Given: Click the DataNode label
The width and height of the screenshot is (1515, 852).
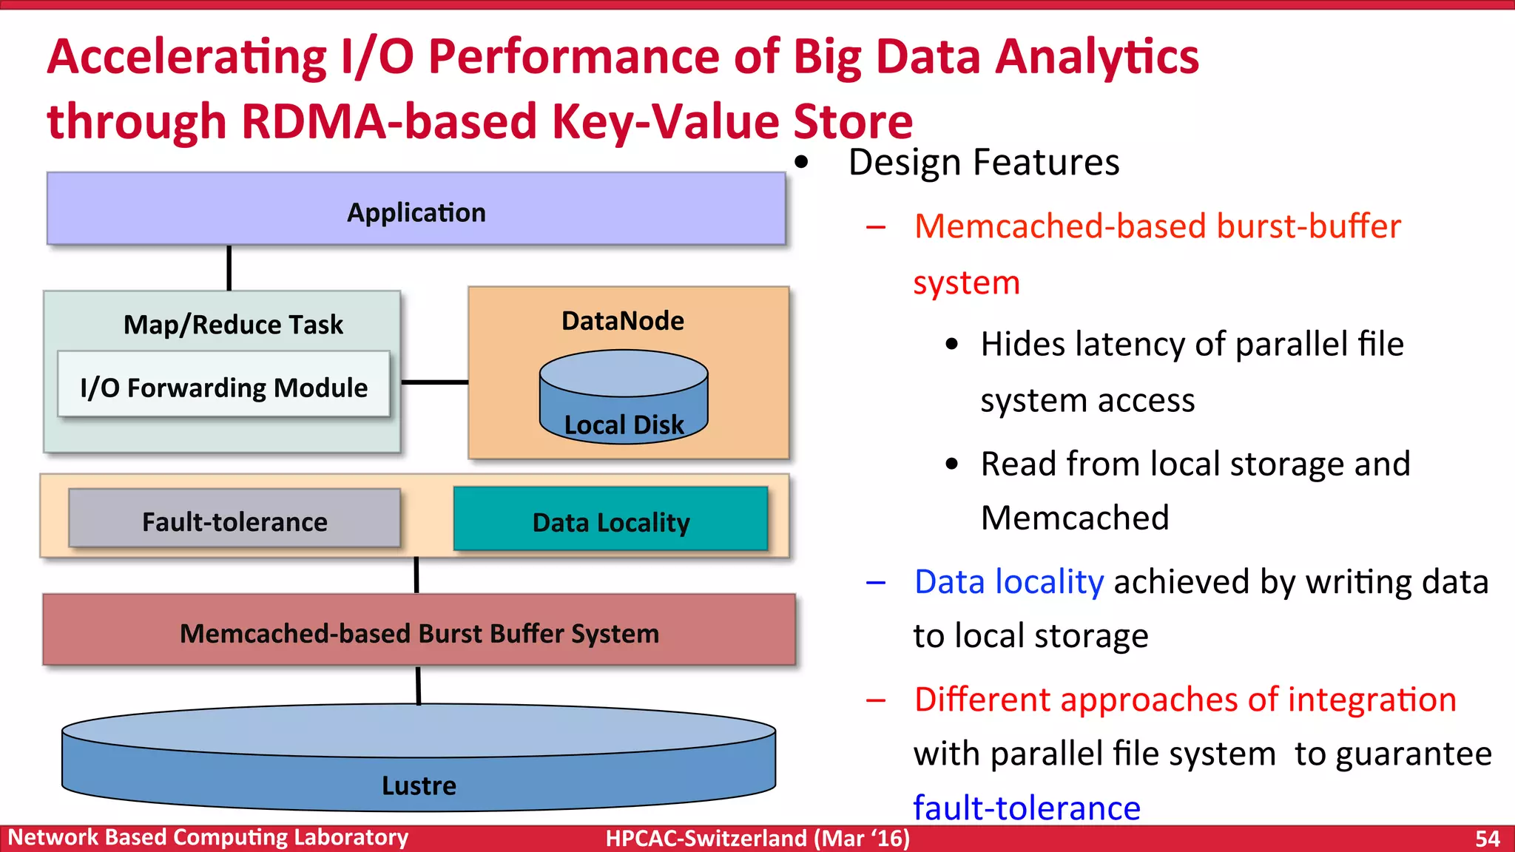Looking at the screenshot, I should point(623,321).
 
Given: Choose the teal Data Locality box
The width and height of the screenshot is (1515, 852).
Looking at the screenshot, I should point(611,521).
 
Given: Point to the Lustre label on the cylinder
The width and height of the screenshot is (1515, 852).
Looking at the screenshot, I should point(419,785).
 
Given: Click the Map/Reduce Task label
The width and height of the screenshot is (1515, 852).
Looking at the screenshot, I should point(233,324).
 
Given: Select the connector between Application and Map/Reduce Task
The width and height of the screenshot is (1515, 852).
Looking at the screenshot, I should point(229,268).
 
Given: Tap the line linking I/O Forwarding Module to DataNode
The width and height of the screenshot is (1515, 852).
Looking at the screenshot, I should point(435,382).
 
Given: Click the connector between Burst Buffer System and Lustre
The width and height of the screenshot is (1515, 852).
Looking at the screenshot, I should point(419,685).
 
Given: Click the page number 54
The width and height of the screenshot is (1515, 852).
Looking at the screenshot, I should point(1487,838).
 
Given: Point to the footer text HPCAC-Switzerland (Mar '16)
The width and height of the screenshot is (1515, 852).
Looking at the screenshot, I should point(757,838).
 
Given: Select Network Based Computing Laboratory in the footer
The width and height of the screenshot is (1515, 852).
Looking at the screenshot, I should point(208,837).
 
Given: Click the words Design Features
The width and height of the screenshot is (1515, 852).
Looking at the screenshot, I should point(983,163).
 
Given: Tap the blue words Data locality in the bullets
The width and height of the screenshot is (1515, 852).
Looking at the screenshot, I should point(1009,581).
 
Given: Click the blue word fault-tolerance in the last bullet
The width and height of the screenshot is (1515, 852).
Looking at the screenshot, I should point(1026,808).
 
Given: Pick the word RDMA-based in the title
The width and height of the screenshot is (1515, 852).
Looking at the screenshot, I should point(388,121).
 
